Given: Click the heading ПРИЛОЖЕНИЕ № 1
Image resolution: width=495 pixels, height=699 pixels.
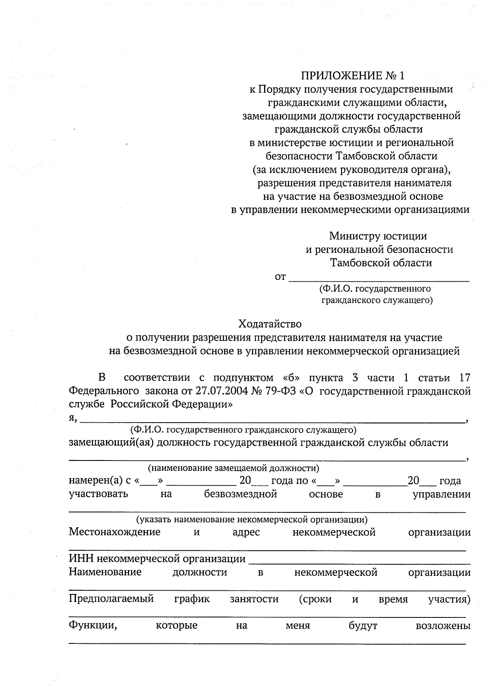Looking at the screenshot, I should click(353, 75).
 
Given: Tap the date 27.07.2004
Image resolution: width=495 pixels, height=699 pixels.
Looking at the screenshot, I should click(222, 391).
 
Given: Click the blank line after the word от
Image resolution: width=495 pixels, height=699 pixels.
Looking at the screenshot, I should click(379, 278).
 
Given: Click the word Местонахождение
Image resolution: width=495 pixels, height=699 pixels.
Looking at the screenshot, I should click(114, 532).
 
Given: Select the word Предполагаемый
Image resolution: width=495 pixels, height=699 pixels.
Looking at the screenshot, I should click(111, 598).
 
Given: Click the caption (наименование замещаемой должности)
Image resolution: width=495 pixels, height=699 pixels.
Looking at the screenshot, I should click(233, 468).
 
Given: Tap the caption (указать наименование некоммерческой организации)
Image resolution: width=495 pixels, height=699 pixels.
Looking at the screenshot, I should click(252, 519).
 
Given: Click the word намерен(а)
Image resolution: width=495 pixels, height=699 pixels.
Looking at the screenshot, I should click(95, 481).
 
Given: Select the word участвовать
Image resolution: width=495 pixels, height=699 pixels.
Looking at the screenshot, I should click(98, 494).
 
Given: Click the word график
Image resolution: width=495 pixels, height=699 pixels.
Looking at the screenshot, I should click(192, 598).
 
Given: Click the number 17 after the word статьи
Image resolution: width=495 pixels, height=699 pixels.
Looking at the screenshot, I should click(464, 378).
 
